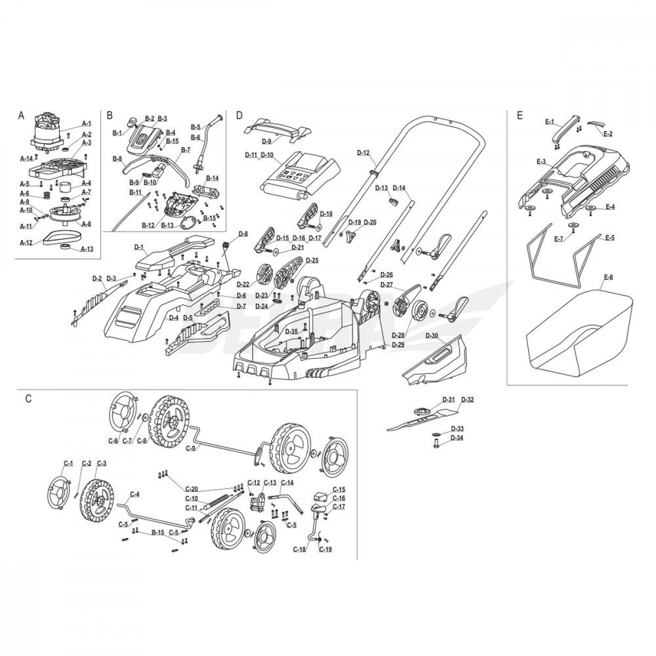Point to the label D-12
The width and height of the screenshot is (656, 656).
coord(363,153)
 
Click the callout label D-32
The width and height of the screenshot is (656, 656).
coord(468,400)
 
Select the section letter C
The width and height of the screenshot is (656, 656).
coord(28,398)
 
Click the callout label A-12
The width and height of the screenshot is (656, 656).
coord(26,242)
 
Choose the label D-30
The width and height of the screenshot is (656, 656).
coord(432,335)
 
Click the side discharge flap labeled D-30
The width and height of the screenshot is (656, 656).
coord(436,364)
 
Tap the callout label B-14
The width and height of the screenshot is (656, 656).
coord(212,178)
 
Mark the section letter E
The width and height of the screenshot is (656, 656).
coord(520,116)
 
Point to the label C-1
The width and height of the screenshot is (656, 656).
coord(66,464)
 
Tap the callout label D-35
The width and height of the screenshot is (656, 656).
coord(292,332)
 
